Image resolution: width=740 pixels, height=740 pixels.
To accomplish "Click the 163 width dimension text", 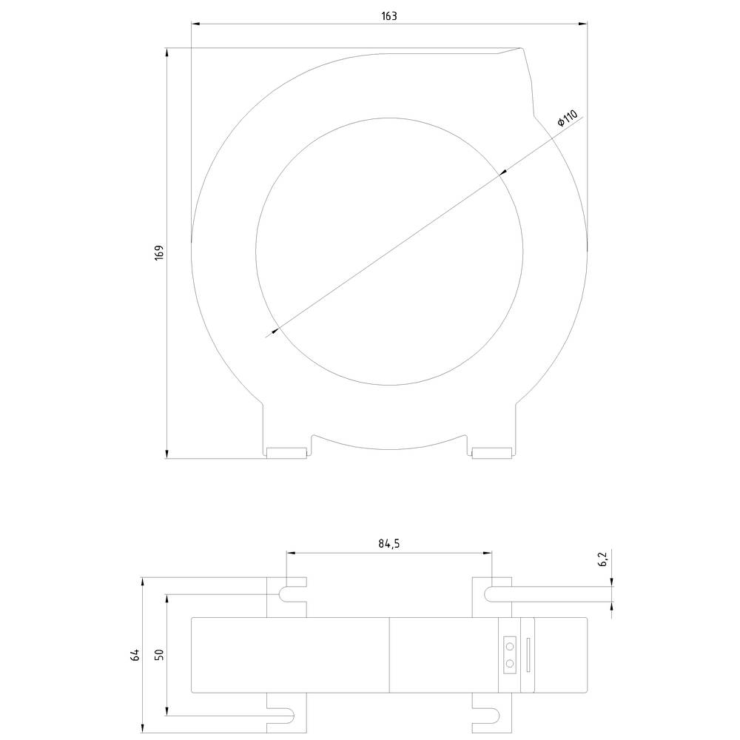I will point(389,16).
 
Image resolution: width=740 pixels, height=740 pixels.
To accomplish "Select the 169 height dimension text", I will point(158,252).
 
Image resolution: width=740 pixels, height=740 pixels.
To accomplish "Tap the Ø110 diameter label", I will point(567,118).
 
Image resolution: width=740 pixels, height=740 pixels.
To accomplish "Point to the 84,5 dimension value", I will point(389,544).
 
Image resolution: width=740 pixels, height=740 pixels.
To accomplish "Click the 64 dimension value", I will point(134,654).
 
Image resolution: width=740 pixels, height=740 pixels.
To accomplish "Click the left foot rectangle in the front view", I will point(286,453).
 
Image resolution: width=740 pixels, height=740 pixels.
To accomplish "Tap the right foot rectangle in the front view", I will point(493,453).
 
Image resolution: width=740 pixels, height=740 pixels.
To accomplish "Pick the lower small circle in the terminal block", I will point(510,663).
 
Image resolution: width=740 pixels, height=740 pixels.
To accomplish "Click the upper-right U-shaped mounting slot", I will point(492,593).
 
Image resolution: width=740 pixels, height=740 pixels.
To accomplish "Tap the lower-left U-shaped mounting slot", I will point(286,715).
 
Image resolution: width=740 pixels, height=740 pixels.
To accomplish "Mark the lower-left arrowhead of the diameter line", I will point(274,331).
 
